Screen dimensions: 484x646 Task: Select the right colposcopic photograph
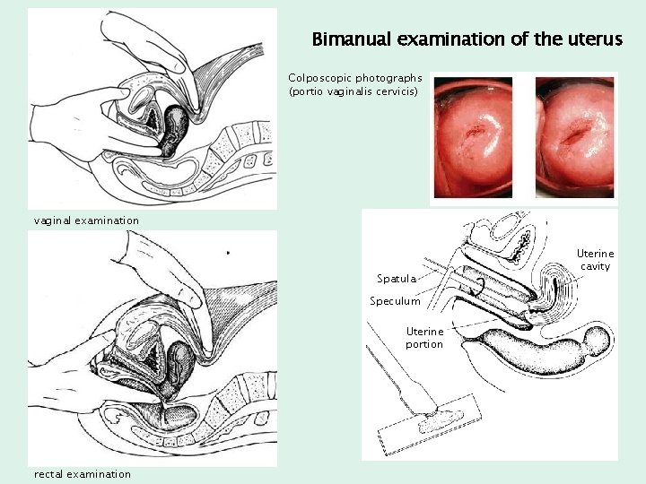[575, 136]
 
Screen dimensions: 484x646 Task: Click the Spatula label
[396, 279]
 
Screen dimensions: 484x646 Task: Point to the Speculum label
[395, 301]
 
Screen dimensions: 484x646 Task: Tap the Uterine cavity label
[595, 260]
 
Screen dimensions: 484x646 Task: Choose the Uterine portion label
[424, 338]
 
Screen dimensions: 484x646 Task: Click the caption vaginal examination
[86, 220]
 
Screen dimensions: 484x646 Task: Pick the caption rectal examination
[83, 474]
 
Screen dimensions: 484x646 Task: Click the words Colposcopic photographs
[355, 78]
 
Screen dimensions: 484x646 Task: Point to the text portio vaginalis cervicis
[354, 91]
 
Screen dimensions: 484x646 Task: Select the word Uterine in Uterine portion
[424, 332]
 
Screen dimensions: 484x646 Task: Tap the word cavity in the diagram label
[595, 266]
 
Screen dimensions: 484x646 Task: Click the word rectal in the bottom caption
[48, 474]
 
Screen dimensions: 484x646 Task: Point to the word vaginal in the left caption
[54, 220]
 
